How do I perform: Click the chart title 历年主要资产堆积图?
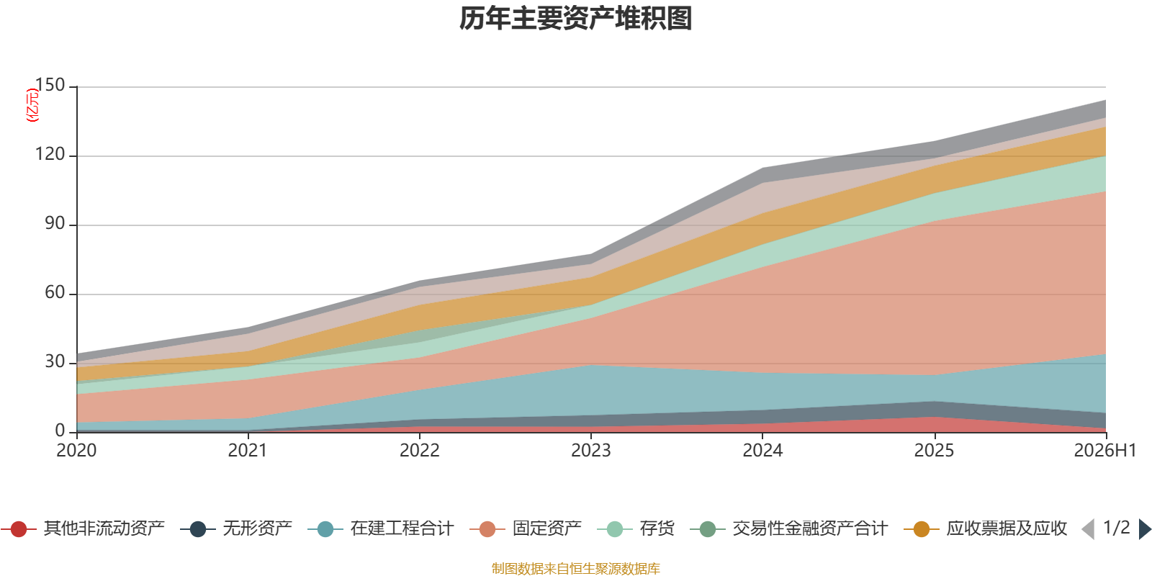coord(575,19)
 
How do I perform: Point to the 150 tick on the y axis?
coord(50,85)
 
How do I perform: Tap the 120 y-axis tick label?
coord(50,154)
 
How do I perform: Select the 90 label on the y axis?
coord(55,223)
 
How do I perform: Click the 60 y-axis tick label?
coord(55,292)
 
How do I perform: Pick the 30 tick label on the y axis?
coord(55,361)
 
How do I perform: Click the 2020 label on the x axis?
coord(76,451)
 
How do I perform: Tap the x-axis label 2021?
coord(248,451)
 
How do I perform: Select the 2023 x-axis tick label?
coord(591,451)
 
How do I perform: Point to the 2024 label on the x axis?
coord(762,451)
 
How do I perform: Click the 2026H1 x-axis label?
coord(1104,451)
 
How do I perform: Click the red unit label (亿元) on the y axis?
coord(32,105)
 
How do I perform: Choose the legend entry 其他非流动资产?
coord(83,528)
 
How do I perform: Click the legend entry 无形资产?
coord(236,528)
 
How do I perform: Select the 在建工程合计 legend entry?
coord(381,528)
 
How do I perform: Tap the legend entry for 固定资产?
coord(526,528)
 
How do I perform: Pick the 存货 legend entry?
coord(636,528)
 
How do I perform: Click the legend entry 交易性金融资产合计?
coord(789,528)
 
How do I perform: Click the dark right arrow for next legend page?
coord(1145,528)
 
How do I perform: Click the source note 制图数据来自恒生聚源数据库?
coord(575,568)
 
